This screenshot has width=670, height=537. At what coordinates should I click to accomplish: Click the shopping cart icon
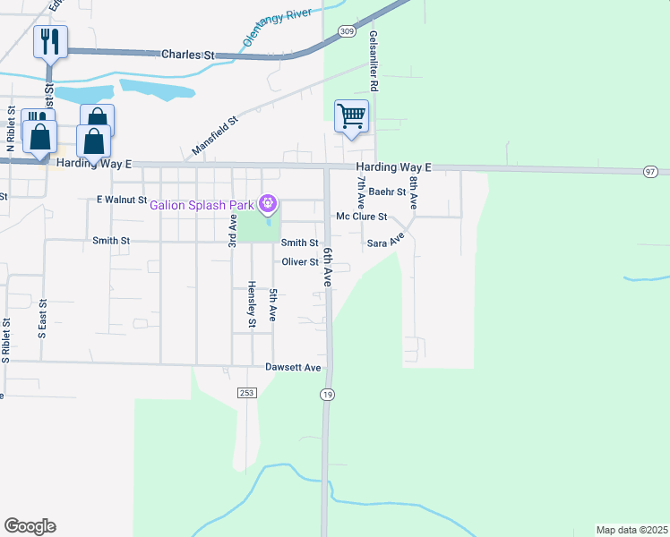(x=351, y=115)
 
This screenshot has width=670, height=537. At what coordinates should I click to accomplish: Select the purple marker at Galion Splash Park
(x=267, y=205)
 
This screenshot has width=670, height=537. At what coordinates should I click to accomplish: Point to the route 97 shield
(x=651, y=171)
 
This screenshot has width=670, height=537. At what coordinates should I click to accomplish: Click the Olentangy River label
(x=280, y=24)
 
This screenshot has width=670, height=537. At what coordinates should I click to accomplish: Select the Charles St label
(x=189, y=55)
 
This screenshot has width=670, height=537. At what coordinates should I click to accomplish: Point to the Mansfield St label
(x=214, y=135)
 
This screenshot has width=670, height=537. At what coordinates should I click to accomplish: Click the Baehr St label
(x=388, y=192)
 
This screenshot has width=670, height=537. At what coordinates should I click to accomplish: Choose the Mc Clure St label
(x=361, y=217)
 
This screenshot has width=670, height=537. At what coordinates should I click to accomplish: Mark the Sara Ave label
(x=386, y=240)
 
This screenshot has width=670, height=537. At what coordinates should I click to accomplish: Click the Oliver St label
(x=300, y=261)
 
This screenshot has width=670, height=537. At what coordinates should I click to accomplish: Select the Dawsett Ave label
(x=293, y=367)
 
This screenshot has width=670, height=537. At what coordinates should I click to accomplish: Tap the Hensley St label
(x=252, y=305)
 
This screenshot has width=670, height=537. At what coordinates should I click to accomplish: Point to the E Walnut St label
(x=121, y=200)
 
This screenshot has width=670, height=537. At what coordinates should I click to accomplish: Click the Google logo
(x=30, y=526)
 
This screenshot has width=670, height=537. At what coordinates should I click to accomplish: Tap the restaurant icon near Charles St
(x=50, y=41)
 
